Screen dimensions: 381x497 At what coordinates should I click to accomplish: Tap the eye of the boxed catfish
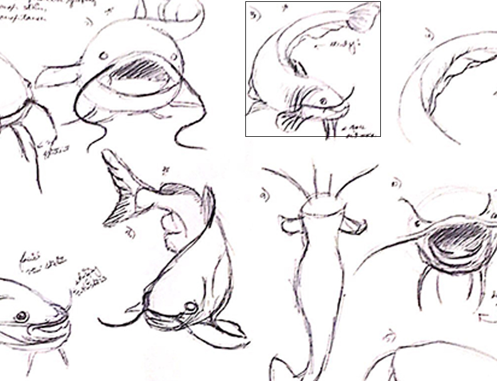(323, 100)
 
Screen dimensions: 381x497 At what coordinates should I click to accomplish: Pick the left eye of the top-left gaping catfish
(102, 56)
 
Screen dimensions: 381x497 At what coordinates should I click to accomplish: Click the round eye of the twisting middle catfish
(189, 307)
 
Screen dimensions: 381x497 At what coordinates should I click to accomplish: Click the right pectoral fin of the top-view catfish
(355, 224)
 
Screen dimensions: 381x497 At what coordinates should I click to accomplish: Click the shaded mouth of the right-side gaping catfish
(452, 242)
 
